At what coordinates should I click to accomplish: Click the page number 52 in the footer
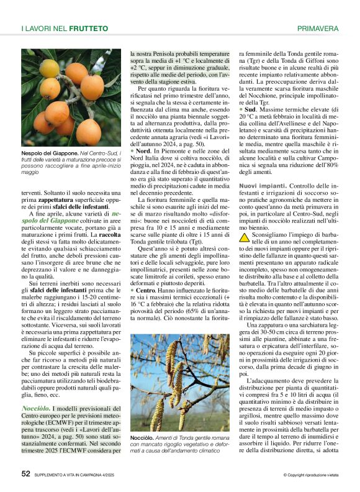pyautogui.click(x=25, y=473)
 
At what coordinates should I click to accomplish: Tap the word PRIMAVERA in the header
pyautogui.click(x=318, y=29)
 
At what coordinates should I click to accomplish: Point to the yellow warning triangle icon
pyautogui.click(x=245, y=222)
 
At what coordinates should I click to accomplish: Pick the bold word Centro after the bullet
pyautogui.click(x=145, y=290)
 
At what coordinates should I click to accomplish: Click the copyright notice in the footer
pyautogui.click(x=308, y=475)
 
